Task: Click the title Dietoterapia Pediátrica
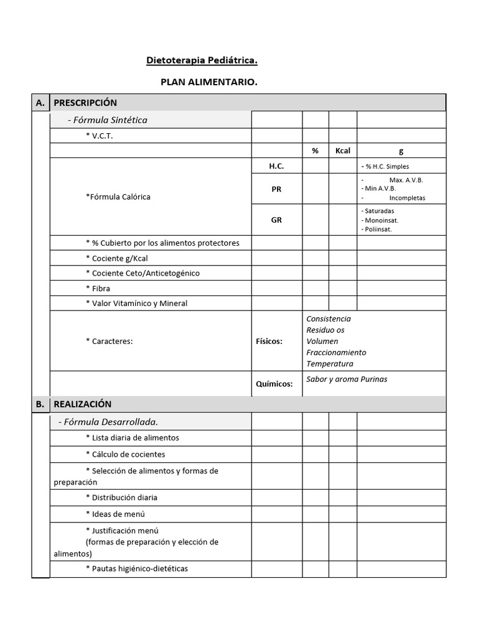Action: [202, 60]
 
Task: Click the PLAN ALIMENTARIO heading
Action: [209, 82]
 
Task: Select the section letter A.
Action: [40, 103]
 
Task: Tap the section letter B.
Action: [40, 404]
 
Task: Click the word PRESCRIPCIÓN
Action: [85, 103]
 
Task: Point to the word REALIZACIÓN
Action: [82, 404]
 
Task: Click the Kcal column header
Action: [342, 151]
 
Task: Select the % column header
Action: [315, 151]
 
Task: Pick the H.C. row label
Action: [276, 166]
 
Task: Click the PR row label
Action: [276, 189]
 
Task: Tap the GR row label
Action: [276, 220]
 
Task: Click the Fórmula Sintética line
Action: [107, 119]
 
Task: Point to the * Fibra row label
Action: [98, 289]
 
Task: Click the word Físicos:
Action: [269, 341]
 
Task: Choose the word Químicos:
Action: [274, 384]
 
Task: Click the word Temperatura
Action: [329, 363]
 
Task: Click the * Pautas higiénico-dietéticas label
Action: [136, 568]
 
